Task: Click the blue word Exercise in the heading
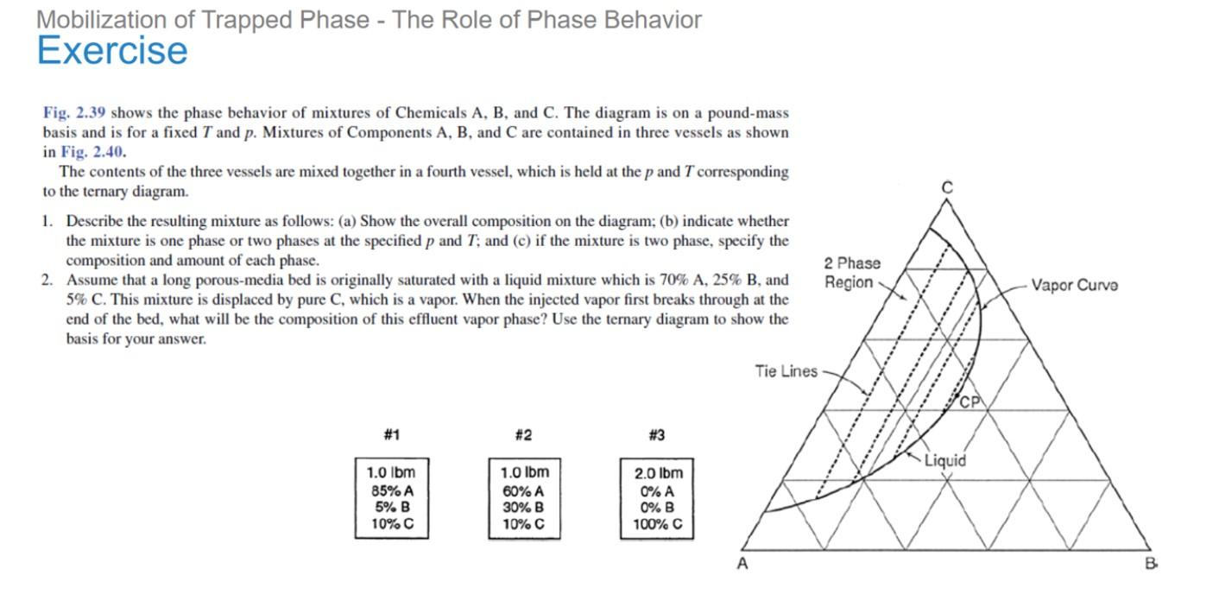point(112,51)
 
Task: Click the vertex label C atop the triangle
point(947,187)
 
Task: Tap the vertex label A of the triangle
point(740,565)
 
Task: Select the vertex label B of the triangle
point(1151,565)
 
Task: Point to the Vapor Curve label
point(1074,285)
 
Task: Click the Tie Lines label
point(786,371)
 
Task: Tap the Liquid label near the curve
point(945,460)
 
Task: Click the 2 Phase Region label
point(852,273)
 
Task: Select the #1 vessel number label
point(391,434)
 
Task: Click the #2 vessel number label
point(523,434)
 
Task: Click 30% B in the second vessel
point(523,508)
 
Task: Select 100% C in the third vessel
point(658,524)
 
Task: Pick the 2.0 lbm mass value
point(658,473)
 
